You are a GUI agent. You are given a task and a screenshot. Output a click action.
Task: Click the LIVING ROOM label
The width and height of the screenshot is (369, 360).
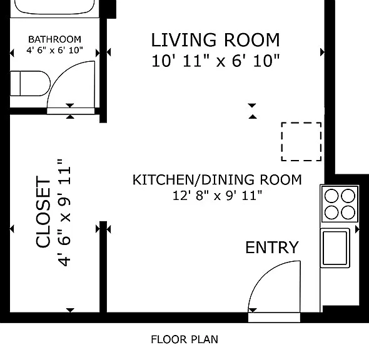click(x=215, y=40)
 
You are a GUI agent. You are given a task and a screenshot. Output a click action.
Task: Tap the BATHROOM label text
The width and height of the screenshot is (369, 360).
click(x=54, y=39)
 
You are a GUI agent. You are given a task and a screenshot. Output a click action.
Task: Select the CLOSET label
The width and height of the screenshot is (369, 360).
click(x=43, y=212)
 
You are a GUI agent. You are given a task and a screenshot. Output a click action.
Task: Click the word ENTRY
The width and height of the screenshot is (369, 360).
click(x=272, y=247)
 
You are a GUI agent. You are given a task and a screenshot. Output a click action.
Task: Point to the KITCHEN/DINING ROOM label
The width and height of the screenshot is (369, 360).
click(x=217, y=180)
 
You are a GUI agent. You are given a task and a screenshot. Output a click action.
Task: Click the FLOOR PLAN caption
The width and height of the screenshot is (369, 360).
click(x=184, y=339)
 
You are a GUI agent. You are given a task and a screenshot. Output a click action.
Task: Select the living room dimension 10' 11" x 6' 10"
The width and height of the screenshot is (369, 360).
click(x=215, y=61)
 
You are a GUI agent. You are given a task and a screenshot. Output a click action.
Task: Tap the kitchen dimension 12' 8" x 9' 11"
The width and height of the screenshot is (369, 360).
click(x=217, y=196)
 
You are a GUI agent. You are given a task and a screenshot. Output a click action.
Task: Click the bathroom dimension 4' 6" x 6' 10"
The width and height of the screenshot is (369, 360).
click(x=54, y=50)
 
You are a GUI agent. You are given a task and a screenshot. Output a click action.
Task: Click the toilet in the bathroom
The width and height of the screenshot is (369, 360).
click(x=30, y=84)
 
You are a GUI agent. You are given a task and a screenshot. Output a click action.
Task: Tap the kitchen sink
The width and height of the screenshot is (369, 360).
click(x=335, y=248)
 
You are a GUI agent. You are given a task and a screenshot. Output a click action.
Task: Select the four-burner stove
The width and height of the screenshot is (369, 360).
click(x=340, y=204)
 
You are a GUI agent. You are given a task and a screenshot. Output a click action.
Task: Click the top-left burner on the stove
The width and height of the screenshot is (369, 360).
click(x=331, y=196)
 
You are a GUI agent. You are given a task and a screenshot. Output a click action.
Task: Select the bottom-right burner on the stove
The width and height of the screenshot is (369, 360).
click(x=348, y=212)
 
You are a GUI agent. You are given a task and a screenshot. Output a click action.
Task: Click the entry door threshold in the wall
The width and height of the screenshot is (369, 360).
click(x=274, y=317)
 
